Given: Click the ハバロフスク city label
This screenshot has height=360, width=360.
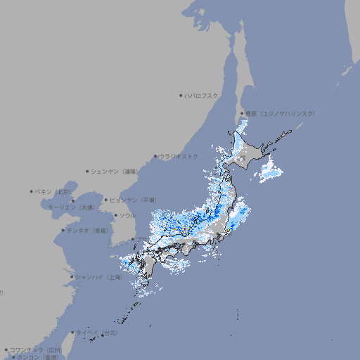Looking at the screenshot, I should tap(201, 94).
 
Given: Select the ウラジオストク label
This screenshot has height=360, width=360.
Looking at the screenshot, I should tap(179, 156).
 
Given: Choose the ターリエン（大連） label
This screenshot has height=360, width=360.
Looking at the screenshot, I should tap(70, 207).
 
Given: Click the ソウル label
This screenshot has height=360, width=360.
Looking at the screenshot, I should tap(127, 215).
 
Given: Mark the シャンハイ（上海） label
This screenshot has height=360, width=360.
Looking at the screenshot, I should tap(98, 277).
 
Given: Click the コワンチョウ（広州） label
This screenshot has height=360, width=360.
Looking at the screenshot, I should tap(36, 349).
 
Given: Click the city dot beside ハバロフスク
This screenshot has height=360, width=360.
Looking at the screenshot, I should tap(181, 94).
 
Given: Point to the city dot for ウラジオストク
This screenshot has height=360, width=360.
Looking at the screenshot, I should tap(155, 156).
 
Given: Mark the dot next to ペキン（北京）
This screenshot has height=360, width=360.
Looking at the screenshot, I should tap(32, 191).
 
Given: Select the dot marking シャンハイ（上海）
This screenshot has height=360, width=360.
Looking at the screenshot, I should tap(72, 277).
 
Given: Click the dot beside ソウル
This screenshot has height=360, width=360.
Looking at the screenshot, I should tap(115, 215).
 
